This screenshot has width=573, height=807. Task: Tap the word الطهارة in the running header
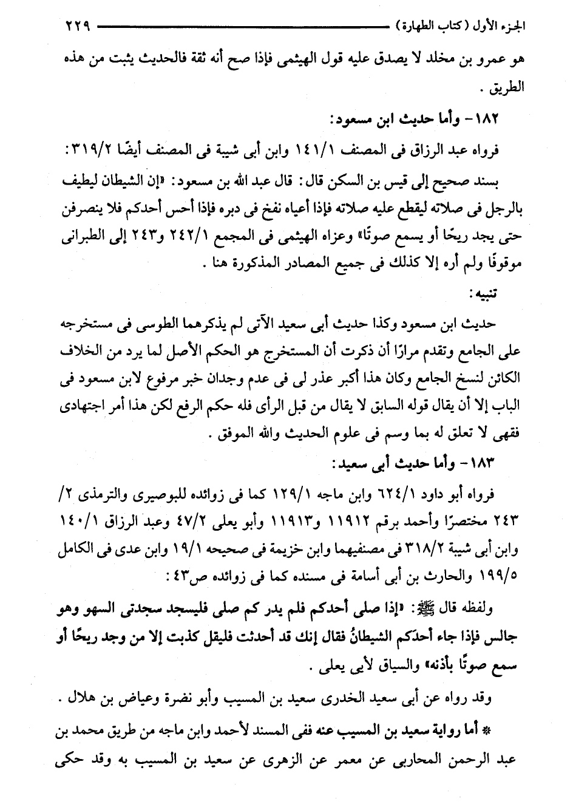426,27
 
